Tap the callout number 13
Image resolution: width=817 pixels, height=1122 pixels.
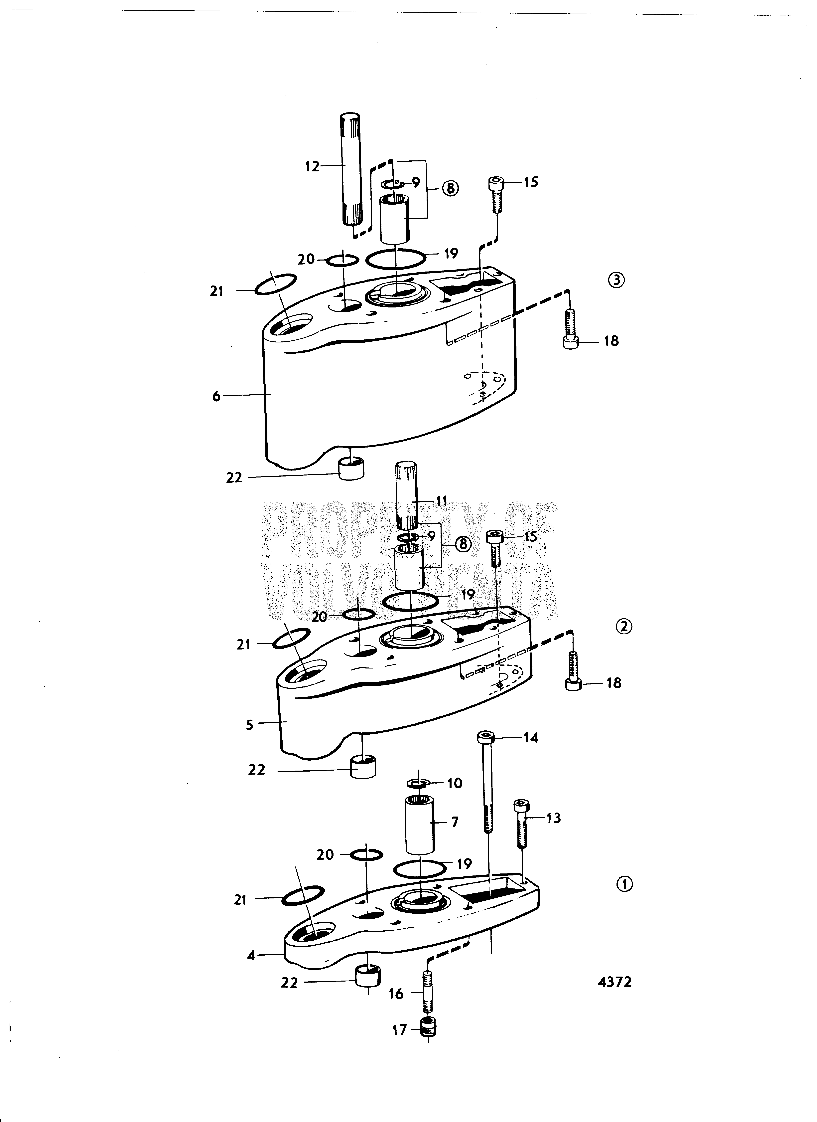(x=553, y=818)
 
